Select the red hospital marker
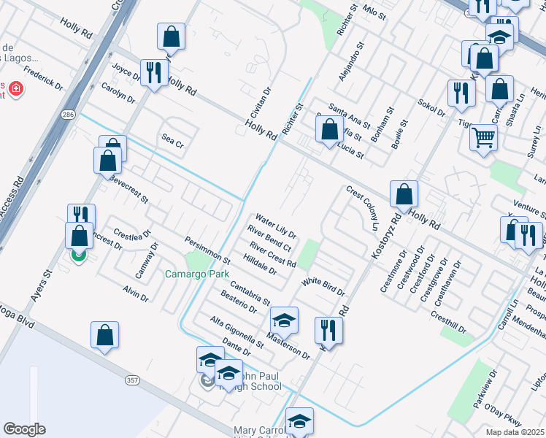(x=15, y=90)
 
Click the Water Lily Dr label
(x=275, y=226)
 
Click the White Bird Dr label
(x=323, y=286)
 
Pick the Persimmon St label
(x=207, y=250)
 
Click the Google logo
(x=24, y=429)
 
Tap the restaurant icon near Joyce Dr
(x=154, y=73)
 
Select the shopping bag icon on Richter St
(x=329, y=130)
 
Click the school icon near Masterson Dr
(x=284, y=320)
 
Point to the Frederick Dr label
(x=43, y=78)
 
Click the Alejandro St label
(x=351, y=64)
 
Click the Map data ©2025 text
(x=515, y=432)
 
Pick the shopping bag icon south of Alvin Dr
(x=104, y=335)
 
